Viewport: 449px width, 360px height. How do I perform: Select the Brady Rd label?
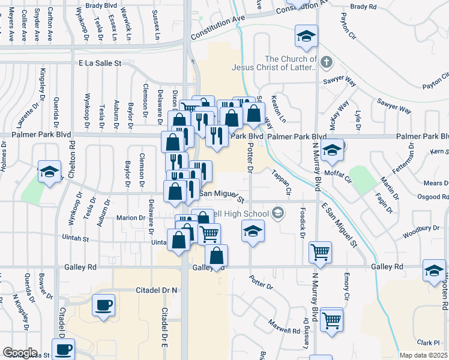pyautogui.click(x=363, y=7)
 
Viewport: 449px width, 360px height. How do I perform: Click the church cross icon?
pyautogui.click(x=326, y=62)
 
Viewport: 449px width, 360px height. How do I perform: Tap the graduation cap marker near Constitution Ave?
pyautogui.click(x=306, y=38)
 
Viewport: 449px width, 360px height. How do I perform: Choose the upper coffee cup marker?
pyautogui.click(x=103, y=305)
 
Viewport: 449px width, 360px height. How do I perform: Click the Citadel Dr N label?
pyautogui.click(x=157, y=290)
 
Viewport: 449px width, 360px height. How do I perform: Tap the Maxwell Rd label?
pyautogui.click(x=284, y=326)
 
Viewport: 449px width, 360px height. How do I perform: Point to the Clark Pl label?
pyautogui.click(x=429, y=343)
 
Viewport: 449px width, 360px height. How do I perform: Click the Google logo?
pyautogui.click(x=20, y=353)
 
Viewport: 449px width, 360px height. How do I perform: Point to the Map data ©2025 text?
pyautogui.click(x=423, y=355)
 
